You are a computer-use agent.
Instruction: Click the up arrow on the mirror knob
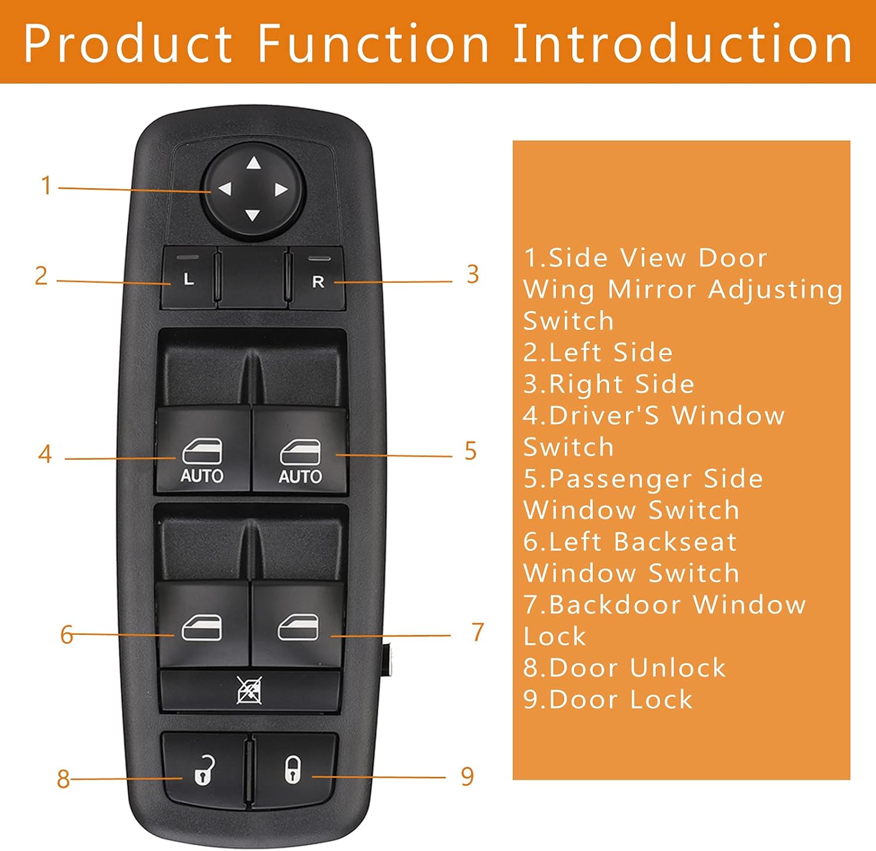[253, 163]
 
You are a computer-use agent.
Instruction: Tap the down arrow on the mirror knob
[252, 216]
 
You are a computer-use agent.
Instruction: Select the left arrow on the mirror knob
[225, 189]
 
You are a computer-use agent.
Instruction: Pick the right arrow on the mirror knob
[281, 189]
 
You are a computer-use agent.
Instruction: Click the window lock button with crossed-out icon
[249, 690]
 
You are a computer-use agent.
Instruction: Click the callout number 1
[46, 186]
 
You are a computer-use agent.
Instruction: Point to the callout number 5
[471, 451]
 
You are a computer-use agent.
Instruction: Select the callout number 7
[478, 632]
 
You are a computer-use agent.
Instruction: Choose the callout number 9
[467, 776]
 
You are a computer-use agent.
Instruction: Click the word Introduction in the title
[682, 43]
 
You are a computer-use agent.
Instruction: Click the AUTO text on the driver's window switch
[202, 476]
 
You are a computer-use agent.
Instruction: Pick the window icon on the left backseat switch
[202, 628]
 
